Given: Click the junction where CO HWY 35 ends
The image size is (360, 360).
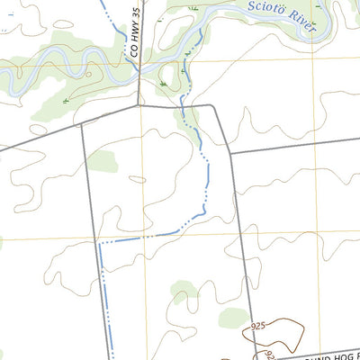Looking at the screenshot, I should [138, 105].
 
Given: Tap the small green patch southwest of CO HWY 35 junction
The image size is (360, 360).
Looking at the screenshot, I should [103, 160].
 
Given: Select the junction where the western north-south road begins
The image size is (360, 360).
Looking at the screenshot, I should [82, 123].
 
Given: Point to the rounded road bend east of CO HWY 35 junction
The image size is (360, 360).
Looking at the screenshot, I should [214, 108].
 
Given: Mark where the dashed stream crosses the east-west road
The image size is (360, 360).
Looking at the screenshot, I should [184, 106].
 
